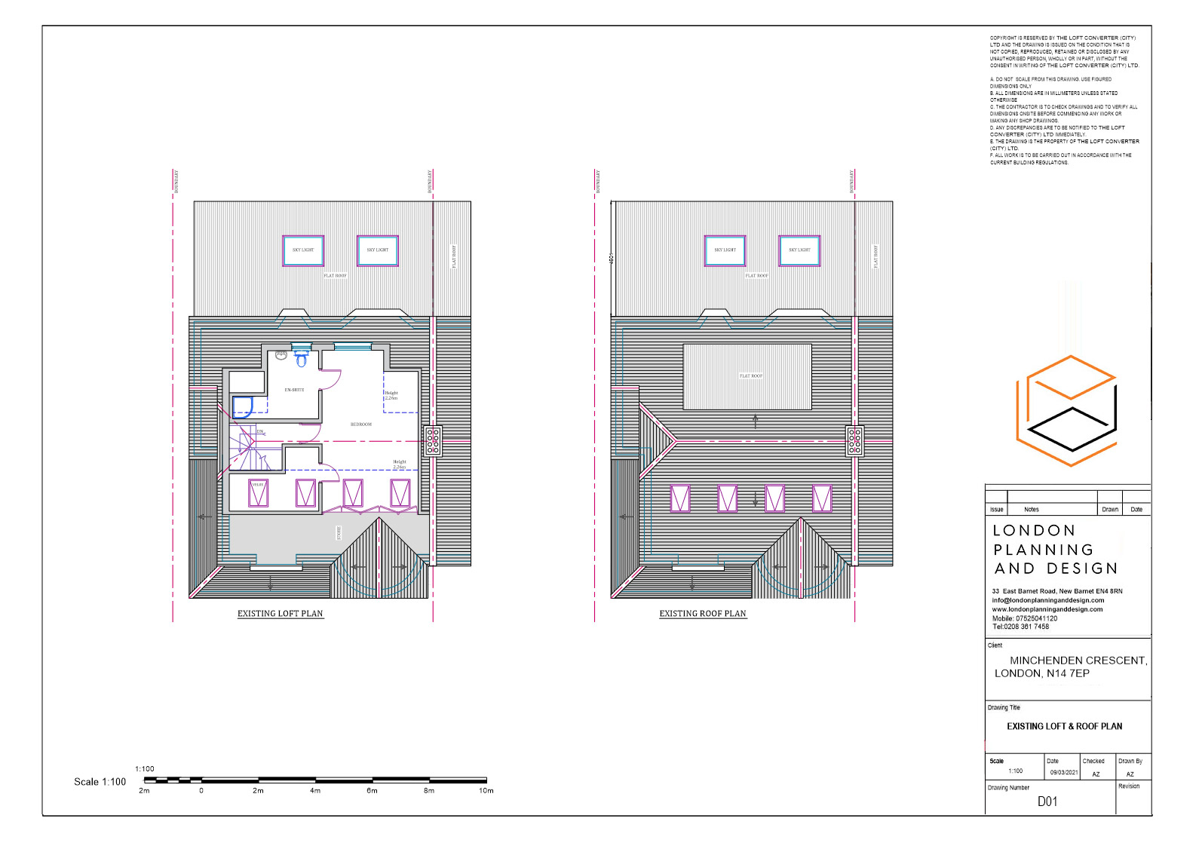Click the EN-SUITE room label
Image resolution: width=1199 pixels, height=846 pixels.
[x=294, y=390]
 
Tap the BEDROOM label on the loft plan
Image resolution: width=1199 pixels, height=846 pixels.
[x=361, y=425]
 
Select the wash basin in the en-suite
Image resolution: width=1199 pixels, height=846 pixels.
[x=281, y=355]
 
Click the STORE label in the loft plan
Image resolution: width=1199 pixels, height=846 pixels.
[x=339, y=533]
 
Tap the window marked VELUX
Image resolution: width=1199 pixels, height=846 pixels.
[x=258, y=493]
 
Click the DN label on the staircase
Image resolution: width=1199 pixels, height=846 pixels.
[x=259, y=432]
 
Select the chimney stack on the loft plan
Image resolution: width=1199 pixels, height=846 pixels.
[x=433, y=441]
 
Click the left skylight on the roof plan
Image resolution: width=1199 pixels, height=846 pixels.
[x=725, y=250]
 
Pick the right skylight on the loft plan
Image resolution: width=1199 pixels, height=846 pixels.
[x=377, y=250]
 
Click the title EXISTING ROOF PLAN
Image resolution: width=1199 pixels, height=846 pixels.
[x=702, y=614]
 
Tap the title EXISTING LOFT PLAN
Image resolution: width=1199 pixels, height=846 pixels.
[x=280, y=614]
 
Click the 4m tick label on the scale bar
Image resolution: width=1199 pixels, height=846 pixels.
[x=315, y=791]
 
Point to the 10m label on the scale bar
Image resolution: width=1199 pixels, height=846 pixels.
[x=486, y=791]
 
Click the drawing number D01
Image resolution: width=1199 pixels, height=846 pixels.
[x=1047, y=802]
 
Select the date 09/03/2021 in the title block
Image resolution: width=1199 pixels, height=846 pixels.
[x=1063, y=773]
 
